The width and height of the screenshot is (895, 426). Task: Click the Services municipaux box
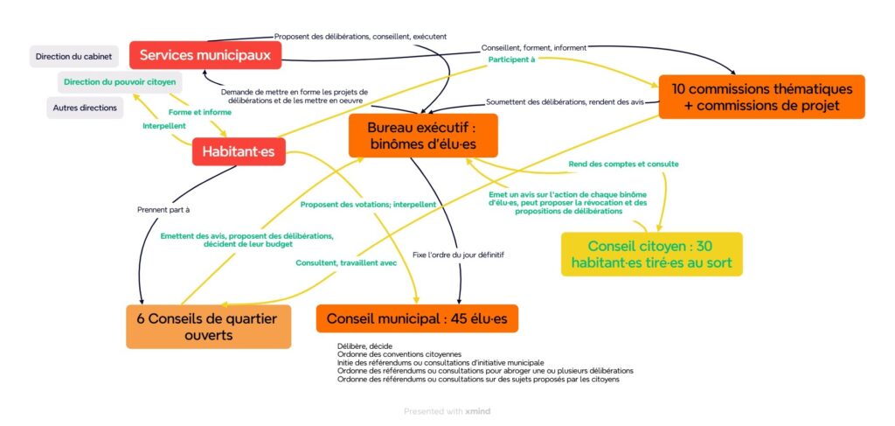pos(205,55)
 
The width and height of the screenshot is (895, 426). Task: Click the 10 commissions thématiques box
pos(761,97)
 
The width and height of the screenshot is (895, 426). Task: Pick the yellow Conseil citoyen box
pos(651,254)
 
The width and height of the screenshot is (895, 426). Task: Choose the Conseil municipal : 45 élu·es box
pos(417,318)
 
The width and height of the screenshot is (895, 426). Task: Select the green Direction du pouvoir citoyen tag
pos(120,82)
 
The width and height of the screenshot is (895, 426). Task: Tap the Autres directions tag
pos(85,108)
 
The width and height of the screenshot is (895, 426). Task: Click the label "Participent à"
pos(511,60)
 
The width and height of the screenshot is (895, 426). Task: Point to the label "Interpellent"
pos(163,127)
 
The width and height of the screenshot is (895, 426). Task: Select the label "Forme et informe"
pos(199,112)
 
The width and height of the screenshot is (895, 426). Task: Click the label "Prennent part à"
pos(163,210)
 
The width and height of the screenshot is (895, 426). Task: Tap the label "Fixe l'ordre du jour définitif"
pos(458,255)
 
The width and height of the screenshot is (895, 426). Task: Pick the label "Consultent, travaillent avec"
pos(346,262)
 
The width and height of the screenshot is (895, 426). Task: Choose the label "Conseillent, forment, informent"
pos(533,47)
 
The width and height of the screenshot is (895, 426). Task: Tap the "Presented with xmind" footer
pos(447,410)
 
